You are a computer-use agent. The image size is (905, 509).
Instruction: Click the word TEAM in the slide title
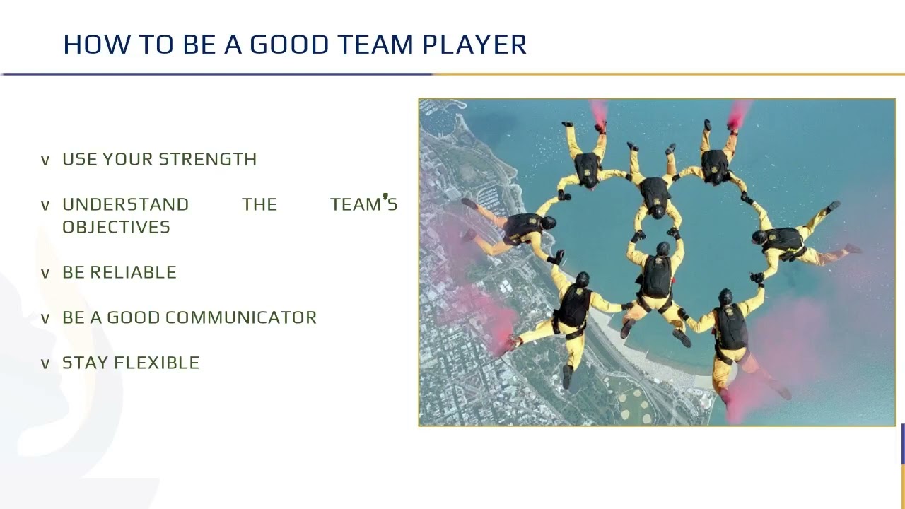[375, 45]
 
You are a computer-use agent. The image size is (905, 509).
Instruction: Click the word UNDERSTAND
[126, 204]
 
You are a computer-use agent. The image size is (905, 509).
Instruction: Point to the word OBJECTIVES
[116, 227]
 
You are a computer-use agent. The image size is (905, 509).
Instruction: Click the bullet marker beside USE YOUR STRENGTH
[45, 160]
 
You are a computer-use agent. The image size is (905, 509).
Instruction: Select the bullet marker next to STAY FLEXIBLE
[45, 363]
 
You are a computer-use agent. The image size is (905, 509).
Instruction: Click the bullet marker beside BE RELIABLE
[45, 273]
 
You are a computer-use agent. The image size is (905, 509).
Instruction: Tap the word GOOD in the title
[289, 45]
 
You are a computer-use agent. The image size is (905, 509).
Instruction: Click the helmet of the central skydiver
[662, 249]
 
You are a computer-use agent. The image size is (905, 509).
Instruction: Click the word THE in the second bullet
[259, 204]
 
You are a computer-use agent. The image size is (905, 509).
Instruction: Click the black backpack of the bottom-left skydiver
[574, 306]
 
